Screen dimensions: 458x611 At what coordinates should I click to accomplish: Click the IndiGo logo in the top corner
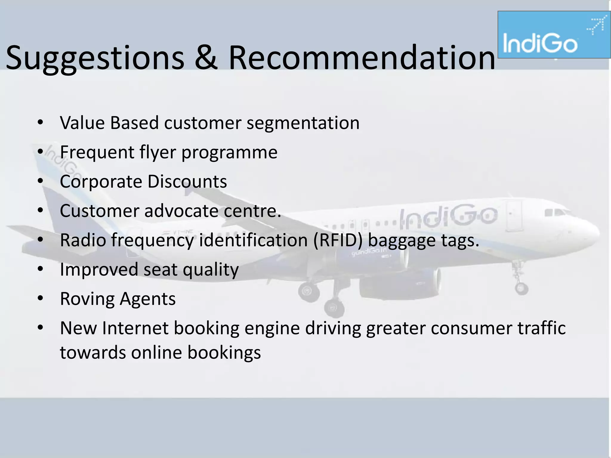click(554, 35)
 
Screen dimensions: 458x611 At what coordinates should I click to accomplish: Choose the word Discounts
click(187, 181)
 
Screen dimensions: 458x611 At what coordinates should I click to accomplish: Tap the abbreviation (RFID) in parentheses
click(338, 240)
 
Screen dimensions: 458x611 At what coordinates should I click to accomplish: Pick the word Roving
click(87, 299)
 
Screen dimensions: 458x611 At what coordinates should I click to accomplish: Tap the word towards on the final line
click(93, 352)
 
